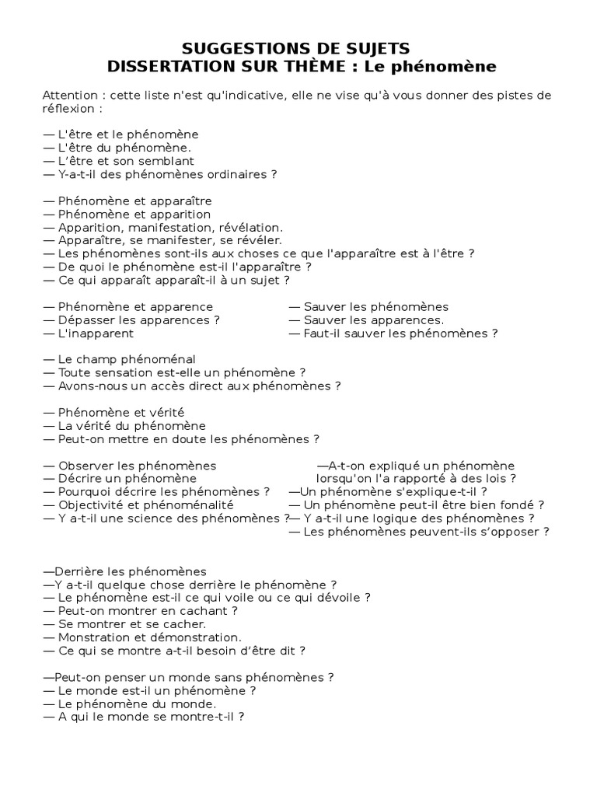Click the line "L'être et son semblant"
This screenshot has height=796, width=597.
120,161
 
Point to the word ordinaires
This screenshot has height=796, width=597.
234,174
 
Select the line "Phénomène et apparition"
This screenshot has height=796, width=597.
127,214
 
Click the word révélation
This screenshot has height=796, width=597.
253,227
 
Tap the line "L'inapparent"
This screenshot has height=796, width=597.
89,333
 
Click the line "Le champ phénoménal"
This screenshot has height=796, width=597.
120,359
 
